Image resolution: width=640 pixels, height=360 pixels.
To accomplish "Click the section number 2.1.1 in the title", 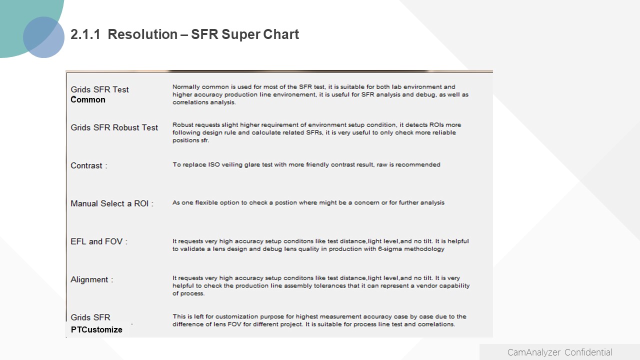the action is tap(85, 34).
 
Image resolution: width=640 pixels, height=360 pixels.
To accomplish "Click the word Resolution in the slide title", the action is tap(142, 34).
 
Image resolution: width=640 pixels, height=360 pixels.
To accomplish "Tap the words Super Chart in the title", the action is tap(260, 35).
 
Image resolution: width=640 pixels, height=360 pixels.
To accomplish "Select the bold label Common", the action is tap(88, 99).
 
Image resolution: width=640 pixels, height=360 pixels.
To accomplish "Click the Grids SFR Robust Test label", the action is tap(114, 127).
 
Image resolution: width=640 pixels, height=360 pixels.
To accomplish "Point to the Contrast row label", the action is tap(86, 165).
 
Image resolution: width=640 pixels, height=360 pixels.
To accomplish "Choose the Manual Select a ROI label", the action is tap(109, 203).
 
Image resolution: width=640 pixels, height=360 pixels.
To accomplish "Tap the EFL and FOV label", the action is tap(96, 241).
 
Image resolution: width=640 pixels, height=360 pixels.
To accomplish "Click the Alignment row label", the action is tap(89, 279).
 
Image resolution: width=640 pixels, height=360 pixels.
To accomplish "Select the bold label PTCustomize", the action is tap(96, 329).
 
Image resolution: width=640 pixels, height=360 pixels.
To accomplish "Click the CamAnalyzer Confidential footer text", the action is tap(559, 352).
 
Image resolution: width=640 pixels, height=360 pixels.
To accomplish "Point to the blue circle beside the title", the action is tap(43, 37).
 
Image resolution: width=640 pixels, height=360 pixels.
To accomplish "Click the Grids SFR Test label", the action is tap(99, 89).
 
